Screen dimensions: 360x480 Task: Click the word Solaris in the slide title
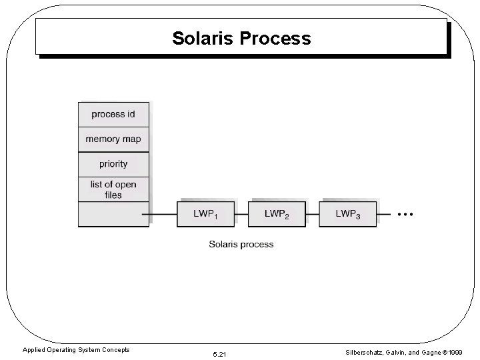click(x=203, y=39)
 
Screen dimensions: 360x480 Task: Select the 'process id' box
click(x=113, y=114)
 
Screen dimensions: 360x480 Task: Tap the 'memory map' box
click(x=113, y=139)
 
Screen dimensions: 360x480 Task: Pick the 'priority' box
click(x=113, y=164)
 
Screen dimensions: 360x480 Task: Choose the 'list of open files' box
click(x=113, y=189)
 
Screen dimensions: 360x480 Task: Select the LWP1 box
click(x=205, y=214)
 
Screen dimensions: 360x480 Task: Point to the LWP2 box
click(x=276, y=214)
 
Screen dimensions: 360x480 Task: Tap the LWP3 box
click(x=347, y=214)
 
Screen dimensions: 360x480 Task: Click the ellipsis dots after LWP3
click(x=405, y=214)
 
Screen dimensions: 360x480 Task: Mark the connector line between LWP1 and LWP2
click(x=241, y=215)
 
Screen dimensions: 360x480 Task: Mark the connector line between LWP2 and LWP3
click(x=312, y=215)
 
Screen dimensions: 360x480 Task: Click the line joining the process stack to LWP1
click(x=163, y=215)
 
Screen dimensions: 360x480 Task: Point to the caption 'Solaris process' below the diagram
click(x=241, y=245)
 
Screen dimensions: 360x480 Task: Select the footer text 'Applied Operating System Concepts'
click(x=76, y=350)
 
